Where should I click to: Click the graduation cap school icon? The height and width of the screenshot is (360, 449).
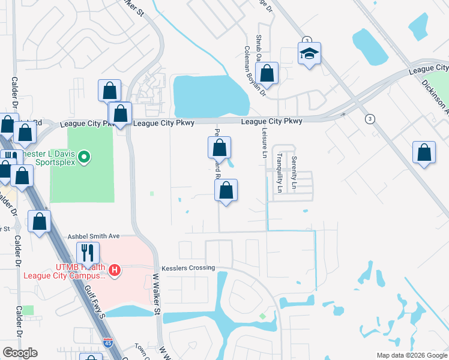[310, 55]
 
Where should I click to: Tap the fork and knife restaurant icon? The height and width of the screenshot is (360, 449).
[88, 253]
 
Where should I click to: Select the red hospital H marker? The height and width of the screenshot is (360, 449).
[115, 271]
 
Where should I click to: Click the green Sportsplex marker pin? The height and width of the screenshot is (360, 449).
[85, 158]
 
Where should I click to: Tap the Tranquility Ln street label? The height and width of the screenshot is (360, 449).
[279, 172]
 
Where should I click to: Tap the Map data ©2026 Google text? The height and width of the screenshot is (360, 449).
[412, 355]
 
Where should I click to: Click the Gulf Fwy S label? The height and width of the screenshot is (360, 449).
[95, 300]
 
